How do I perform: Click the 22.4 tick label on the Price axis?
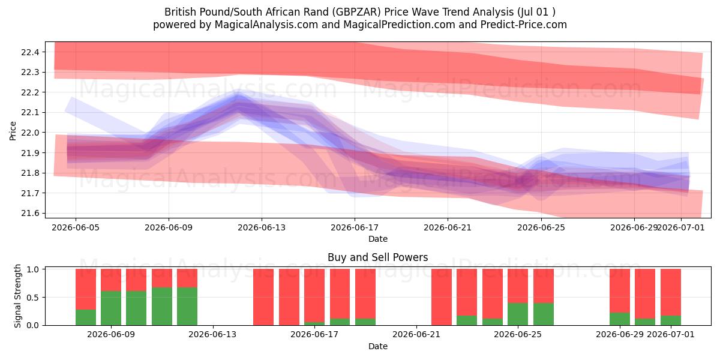30,52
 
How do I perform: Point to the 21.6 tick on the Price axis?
30,214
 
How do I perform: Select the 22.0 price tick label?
30,133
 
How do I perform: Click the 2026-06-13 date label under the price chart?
262,227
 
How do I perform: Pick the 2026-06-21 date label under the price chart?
448,227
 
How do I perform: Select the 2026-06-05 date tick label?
76,227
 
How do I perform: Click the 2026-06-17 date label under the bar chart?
314,335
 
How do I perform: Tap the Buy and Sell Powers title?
377,257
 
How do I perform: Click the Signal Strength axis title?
17,296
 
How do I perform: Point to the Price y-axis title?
13,131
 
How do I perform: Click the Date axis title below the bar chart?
378,346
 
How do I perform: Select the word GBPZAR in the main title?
356,12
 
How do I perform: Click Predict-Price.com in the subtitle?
524,25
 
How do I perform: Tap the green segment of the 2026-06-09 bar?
111,308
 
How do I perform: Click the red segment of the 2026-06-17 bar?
314,295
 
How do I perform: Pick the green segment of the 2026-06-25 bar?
518,314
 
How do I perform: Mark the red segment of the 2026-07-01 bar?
671,292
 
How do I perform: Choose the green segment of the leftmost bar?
86,317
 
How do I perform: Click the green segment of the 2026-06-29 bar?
620,319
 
